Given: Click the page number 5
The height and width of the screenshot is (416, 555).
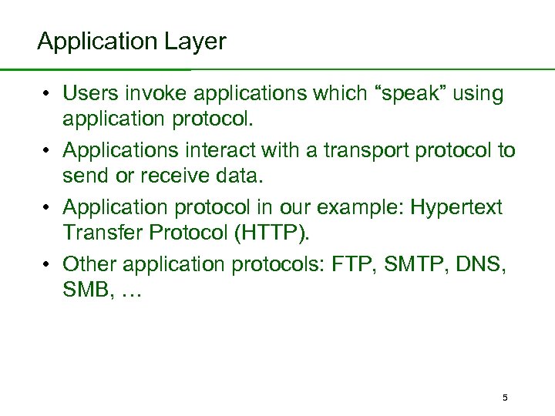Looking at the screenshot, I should pos(505,398).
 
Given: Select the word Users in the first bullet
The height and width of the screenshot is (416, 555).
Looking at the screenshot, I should pos(86,94).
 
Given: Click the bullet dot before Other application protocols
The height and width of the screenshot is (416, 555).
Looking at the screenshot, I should pos(47,264).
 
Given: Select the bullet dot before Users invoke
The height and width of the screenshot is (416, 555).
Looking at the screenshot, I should pos(47,94).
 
